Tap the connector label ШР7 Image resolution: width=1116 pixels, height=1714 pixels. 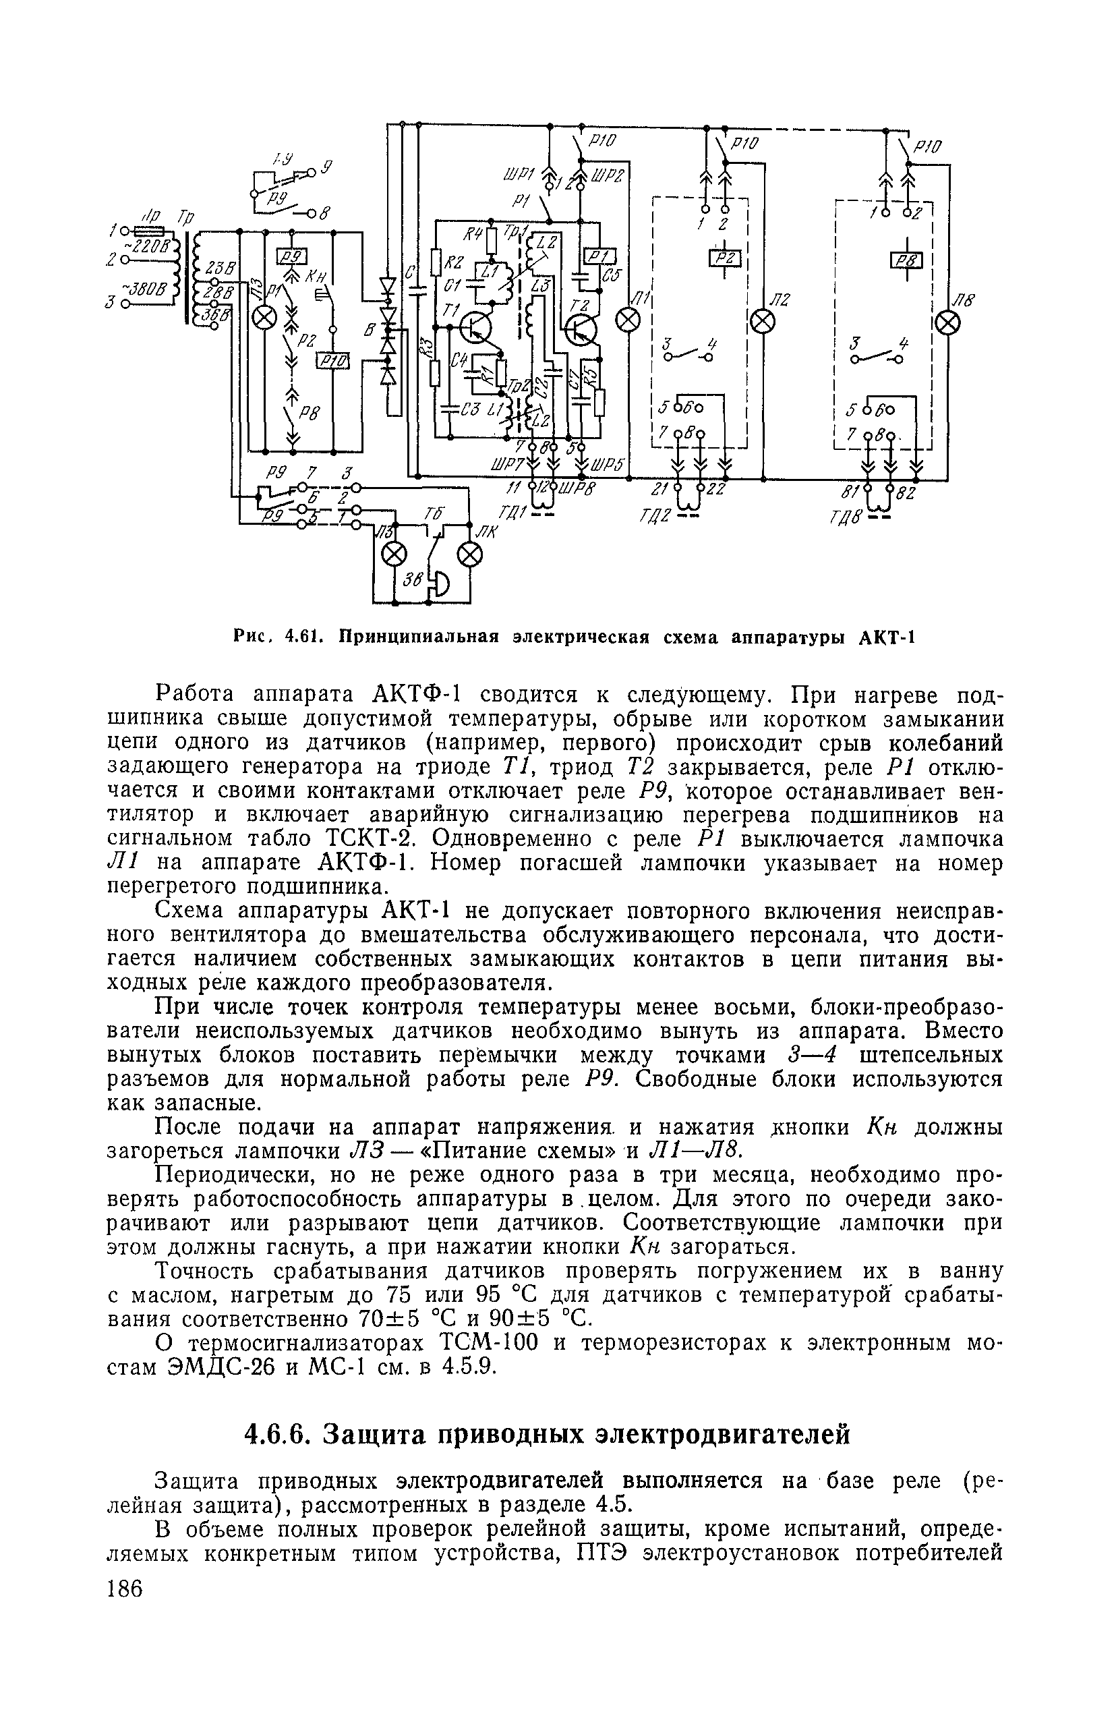(x=506, y=468)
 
